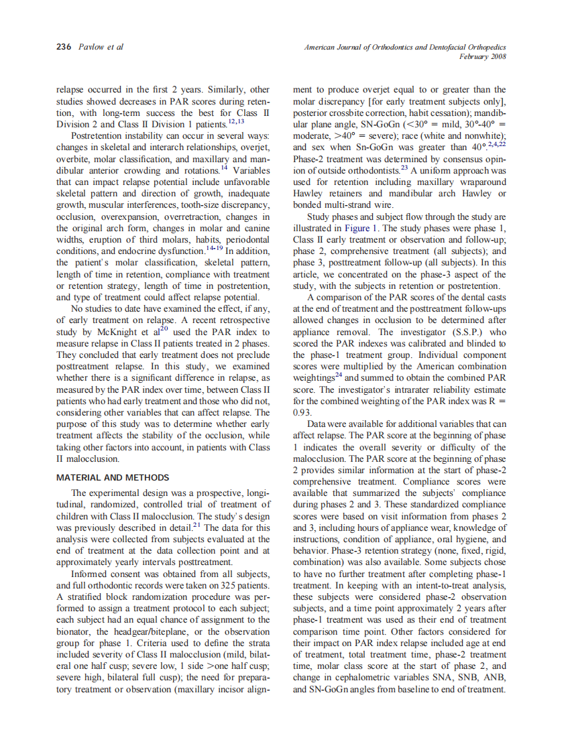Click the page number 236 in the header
[63, 48]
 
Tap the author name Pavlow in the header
[90, 48]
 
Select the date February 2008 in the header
[482, 57]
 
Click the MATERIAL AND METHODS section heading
[113, 478]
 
